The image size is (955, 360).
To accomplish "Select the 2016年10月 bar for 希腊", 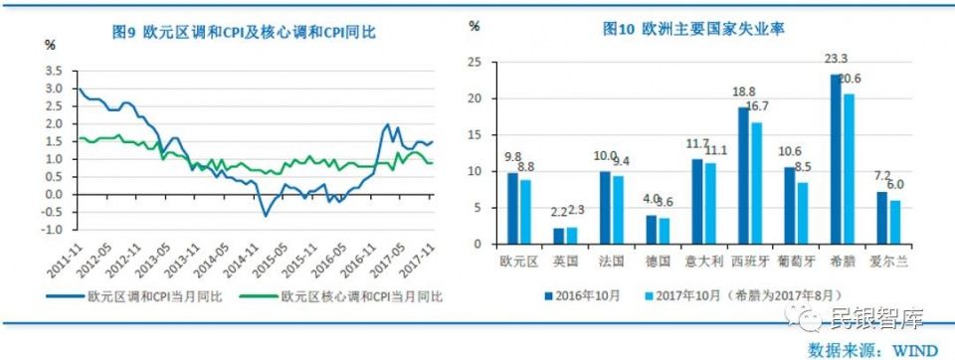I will pos(836,159).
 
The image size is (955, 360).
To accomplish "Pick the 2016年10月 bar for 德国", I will pos(652,230).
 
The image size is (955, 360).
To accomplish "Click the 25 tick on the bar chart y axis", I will pos(476,63).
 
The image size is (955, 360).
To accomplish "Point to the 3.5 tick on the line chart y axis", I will pos(53,72).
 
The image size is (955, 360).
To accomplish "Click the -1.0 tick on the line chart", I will pos(51,230).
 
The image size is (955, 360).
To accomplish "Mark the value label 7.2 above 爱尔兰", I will pos(881,175).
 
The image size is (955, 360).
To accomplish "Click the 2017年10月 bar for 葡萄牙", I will pos(804,213).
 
